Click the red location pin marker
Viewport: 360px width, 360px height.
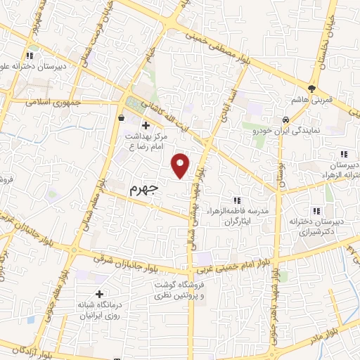pos(182,165)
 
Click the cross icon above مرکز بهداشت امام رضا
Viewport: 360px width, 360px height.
pos(145,125)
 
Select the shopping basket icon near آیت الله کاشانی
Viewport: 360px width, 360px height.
pos(122,118)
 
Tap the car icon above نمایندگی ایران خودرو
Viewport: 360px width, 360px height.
pos(286,120)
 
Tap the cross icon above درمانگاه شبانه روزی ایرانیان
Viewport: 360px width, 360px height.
pos(99,294)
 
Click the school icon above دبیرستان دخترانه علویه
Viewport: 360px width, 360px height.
pos(29,56)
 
